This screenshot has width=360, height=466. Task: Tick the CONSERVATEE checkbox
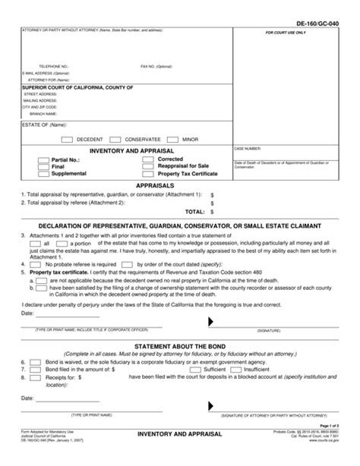pyautogui.click(x=115, y=140)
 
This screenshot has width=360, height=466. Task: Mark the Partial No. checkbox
pyautogui.click(x=43, y=160)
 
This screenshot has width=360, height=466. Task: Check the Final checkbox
pyautogui.click(x=43, y=167)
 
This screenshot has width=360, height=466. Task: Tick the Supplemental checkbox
pyautogui.click(x=43, y=174)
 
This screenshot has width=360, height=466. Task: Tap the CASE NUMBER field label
pyautogui.click(x=248, y=150)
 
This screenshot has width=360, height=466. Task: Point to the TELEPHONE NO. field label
pyautogui.click(x=43, y=66)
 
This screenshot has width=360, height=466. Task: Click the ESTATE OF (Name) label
pyautogui.click(x=34, y=124)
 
